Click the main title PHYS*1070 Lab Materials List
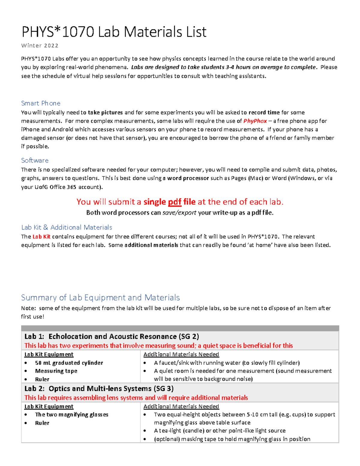point(114,32)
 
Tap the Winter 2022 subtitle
point(40,46)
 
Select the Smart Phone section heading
point(40,103)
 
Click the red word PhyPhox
point(255,121)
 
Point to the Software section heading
point(34,160)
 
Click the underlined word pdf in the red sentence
point(174,202)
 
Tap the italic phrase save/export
point(179,213)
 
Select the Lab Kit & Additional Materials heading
point(67,227)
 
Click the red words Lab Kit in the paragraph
point(41,236)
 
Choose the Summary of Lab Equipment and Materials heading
point(100,297)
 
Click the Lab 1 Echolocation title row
point(112,336)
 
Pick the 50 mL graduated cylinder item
point(69,363)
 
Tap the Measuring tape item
point(56,371)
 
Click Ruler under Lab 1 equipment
point(42,379)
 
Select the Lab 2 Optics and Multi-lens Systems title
point(99,389)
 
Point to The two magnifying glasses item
point(71,414)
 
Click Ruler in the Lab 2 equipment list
point(42,423)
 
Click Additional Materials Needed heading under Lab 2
point(181,406)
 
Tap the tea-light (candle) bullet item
point(220,431)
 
